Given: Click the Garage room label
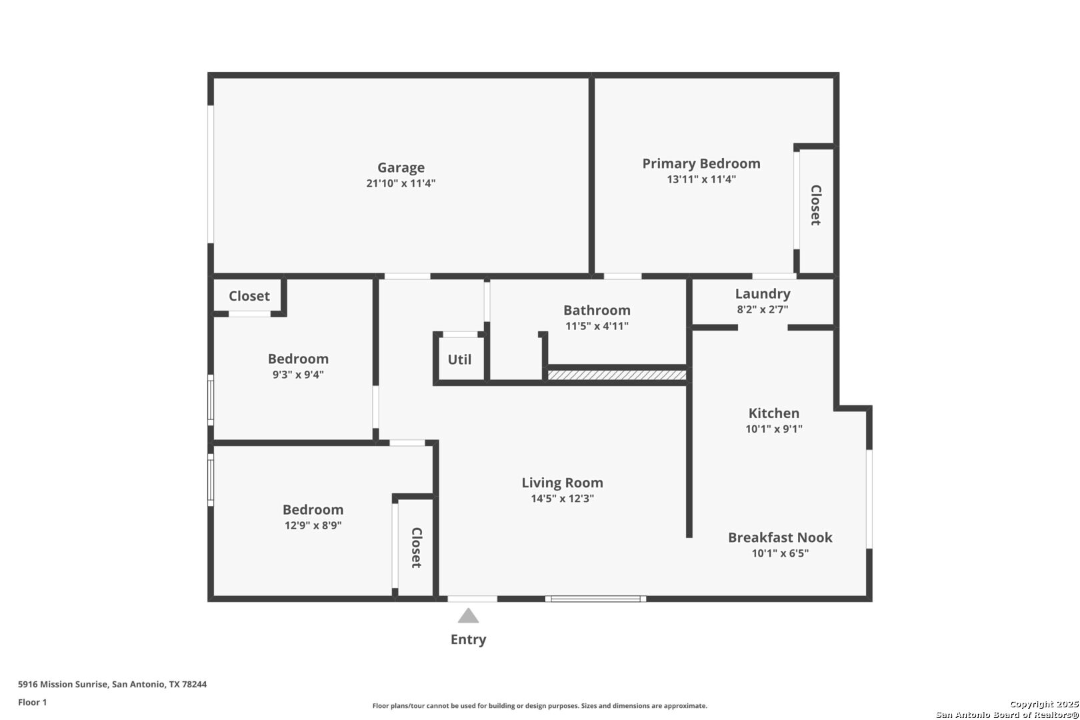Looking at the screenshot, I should click(401, 167).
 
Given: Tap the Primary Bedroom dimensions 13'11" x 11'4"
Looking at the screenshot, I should click(701, 179).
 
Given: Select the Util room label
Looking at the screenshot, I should click(459, 359).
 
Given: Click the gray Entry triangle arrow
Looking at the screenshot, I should click(468, 616).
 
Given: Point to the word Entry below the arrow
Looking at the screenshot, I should click(468, 639).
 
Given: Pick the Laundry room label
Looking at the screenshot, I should click(763, 293).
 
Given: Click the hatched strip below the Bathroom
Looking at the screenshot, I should click(617, 375).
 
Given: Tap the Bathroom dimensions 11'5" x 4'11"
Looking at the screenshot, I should click(597, 326).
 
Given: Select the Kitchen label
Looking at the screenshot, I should click(773, 413).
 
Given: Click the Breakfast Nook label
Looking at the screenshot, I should click(780, 537).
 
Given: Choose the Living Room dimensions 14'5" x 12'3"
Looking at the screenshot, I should click(562, 499).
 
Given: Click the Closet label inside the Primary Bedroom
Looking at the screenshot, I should click(815, 205).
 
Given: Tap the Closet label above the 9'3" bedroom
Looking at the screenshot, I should click(249, 296).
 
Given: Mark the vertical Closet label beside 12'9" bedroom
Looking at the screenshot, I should click(416, 548).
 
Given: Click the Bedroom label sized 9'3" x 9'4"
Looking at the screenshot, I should click(298, 359).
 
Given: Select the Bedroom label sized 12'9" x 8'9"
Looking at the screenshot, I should click(313, 509).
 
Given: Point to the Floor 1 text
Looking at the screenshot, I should click(32, 702).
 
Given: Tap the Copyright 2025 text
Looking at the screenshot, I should click(1043, 704).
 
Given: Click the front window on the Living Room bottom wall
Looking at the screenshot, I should click(595, 599).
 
